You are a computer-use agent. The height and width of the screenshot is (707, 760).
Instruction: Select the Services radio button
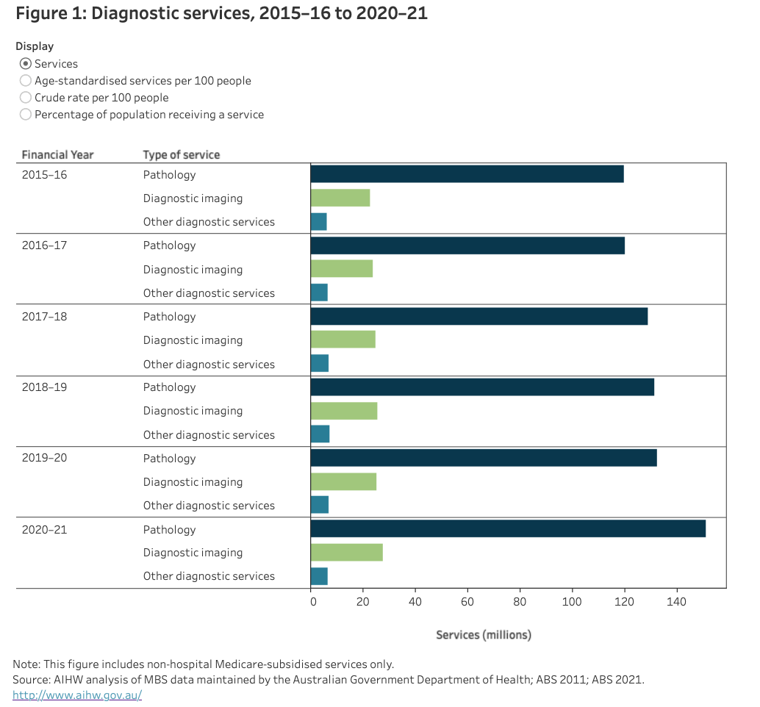[x=26, y=64]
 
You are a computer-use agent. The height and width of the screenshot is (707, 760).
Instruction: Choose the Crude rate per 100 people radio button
[x=26, y=98]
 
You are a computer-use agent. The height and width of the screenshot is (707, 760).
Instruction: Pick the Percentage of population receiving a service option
[x=26, y=115]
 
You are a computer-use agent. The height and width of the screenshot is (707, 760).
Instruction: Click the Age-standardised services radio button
[x=26, y=81]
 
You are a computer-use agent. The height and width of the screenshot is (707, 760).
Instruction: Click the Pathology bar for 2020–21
[x=507, y=528]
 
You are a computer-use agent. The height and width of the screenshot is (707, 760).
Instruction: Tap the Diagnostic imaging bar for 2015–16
[x=340, y=198]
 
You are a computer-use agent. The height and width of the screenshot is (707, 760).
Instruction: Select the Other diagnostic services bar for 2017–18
[x=319, y=363]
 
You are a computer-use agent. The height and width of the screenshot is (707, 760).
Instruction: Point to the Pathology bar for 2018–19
[x=481, y=387]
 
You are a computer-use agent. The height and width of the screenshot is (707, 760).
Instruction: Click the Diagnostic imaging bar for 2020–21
[x=346, y=552]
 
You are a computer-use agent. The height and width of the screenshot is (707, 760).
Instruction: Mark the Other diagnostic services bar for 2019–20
[x=319, y=505]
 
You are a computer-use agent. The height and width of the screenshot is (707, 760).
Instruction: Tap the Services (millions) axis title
[x=483, y=634]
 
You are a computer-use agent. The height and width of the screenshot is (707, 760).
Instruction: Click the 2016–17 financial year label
[x=44, y=245]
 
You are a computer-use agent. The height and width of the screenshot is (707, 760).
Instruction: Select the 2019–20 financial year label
[x=44, y=458]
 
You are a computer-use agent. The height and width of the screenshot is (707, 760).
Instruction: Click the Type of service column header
[x=182, y=154]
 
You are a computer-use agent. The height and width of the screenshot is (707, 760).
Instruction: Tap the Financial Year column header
[x=57, y=154]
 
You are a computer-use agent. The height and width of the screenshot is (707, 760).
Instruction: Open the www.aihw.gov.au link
[x=77, y=695]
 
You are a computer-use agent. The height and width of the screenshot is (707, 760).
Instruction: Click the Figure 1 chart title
[x=221, y=13]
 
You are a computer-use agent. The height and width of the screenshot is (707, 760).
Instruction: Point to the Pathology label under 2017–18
[x=169, y=316]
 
